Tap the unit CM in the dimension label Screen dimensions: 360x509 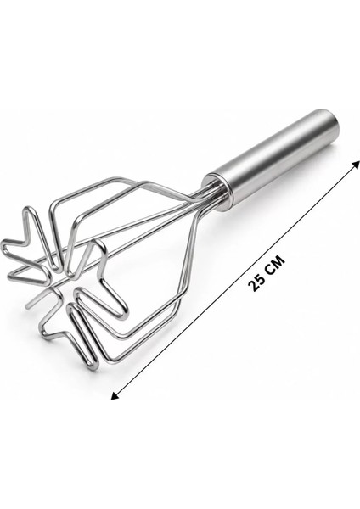275,264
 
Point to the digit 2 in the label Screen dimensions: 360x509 252,286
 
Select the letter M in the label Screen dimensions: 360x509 278,260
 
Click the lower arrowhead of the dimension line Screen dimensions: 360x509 115,395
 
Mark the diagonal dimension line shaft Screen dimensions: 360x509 235,280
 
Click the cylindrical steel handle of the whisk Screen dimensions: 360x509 273,160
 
